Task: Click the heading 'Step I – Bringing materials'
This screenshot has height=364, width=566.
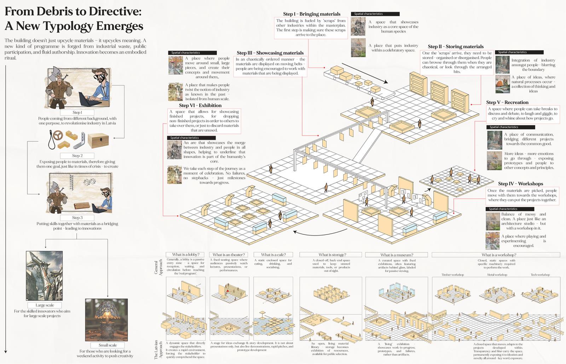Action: (x=312, y=14)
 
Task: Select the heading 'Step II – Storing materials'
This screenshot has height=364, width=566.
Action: (x=456, y=46)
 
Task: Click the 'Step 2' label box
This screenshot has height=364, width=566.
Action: (x=77, y=155)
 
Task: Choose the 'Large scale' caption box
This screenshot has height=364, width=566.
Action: (x=45, y=305)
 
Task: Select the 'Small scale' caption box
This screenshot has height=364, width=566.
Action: (x=108, y=345)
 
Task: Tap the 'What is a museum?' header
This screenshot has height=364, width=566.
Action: (x=397, y=255)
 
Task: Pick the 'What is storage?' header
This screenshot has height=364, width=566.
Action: (x=332, y=255)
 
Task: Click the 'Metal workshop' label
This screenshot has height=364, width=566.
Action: (x=497, y=275)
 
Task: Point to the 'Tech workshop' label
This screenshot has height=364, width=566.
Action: (x=540, y=275)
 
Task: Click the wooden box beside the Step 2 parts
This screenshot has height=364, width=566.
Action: (x=98, y=141)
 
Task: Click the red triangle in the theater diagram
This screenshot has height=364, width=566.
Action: (x=228, y=290)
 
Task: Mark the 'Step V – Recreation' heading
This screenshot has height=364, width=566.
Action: (x=507, y=102)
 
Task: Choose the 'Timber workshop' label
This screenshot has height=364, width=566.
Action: (x=452, y=275)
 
